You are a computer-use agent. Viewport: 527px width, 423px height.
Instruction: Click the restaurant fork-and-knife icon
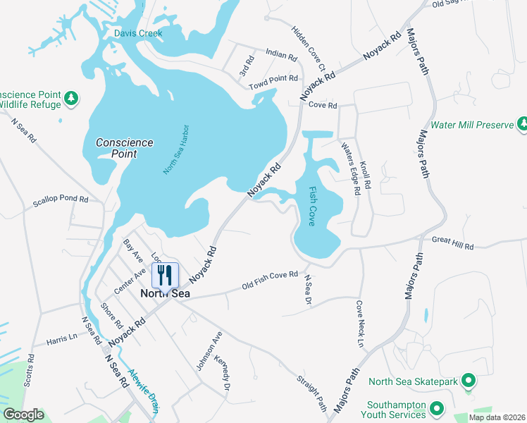tap(165, 274)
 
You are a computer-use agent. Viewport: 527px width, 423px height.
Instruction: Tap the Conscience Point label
tap(124, 147)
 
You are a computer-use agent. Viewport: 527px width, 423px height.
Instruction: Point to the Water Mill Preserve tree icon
tap(522, 125)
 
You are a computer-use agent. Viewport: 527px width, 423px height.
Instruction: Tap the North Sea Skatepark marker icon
tap(466, 382)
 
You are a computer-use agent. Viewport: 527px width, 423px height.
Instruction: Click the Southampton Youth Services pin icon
tap(437, 407)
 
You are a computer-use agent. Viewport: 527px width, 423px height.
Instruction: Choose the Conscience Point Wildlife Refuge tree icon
tap(70, 99)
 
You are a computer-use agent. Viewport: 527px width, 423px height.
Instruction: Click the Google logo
tap(23, 415)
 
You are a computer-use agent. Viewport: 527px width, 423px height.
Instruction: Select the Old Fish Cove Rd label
tap(270, 280)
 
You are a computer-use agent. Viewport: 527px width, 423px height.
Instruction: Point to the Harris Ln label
tap(62, 338)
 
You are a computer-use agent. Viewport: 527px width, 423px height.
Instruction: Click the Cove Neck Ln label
tap(361, 324)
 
